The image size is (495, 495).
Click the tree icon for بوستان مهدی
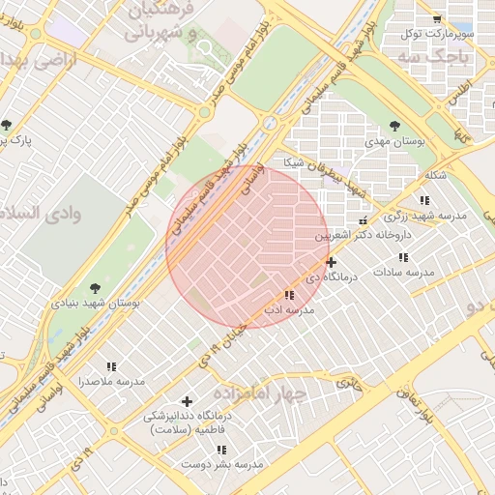pyautogui.click(x=394, y=125)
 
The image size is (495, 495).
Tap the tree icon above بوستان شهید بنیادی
pyautogui.click(x=94, y=287)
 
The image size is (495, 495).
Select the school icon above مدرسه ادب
pyautogui.click(x=289, y=295)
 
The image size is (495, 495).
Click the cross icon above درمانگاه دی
pyautogui.click(x=332, y=262)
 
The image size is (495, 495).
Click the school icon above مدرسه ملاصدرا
pyautogui.click(x=111, y=366)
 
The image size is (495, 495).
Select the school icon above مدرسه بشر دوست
pyautogui.click(x=221, y=450)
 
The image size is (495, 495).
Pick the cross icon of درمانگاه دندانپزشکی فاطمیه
pyautogui.click(x=187, y=400)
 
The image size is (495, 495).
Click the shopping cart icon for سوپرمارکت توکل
pyautogui.click(x=438, y=18)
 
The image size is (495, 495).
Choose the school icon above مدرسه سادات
pyautogui.click(x=403, y=258)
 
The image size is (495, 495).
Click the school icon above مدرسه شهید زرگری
pyautogui.click(x=423, y=200)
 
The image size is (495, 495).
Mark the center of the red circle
pyautogui.click(x=247, y=246)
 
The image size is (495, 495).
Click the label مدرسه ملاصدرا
pyautogui.click(x=111, y=382)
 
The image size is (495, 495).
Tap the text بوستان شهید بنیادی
pyautogui.click(x=97, y=303)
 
